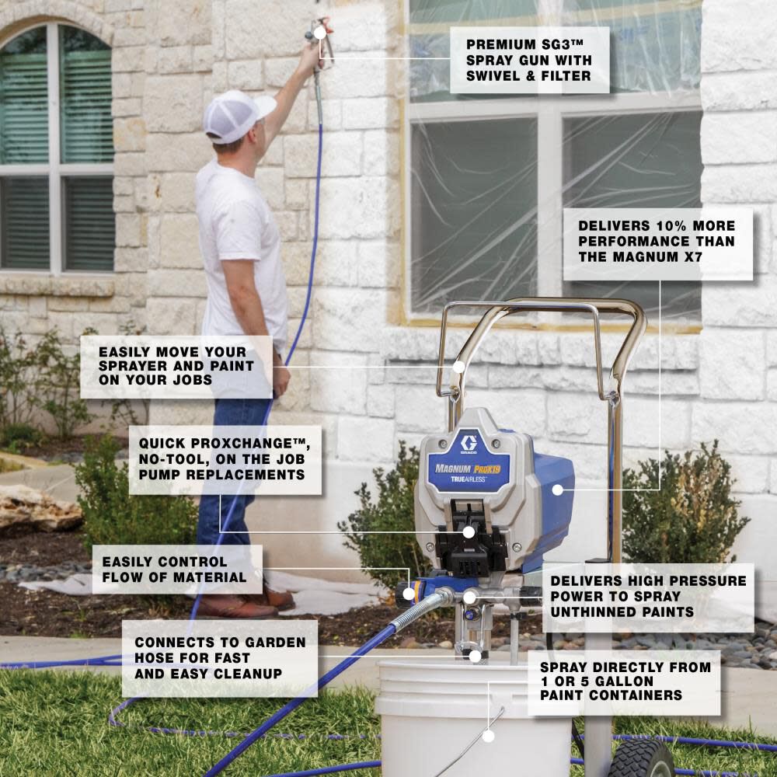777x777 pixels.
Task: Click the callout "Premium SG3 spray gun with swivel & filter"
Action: point(529,60)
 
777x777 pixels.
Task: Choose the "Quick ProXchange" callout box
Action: point(225,459)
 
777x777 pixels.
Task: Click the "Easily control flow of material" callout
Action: point(176,569)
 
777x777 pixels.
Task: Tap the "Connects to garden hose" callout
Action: point(220,658)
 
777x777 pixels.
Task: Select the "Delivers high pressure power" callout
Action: point(648,597)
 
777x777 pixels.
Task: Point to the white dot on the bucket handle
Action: point(488,735)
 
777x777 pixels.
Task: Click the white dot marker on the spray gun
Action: point(319,33)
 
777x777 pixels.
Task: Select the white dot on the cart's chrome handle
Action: point(458,367)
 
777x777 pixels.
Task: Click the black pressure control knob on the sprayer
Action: point(405,595)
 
